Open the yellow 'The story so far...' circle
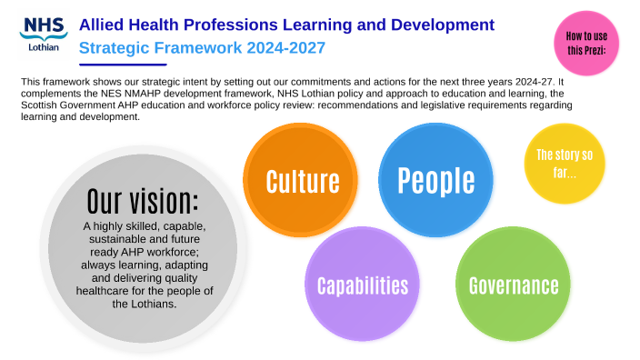[564, 162]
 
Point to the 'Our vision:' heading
[143, 201]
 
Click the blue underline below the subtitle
[124, 65]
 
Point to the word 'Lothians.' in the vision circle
[144, 305]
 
